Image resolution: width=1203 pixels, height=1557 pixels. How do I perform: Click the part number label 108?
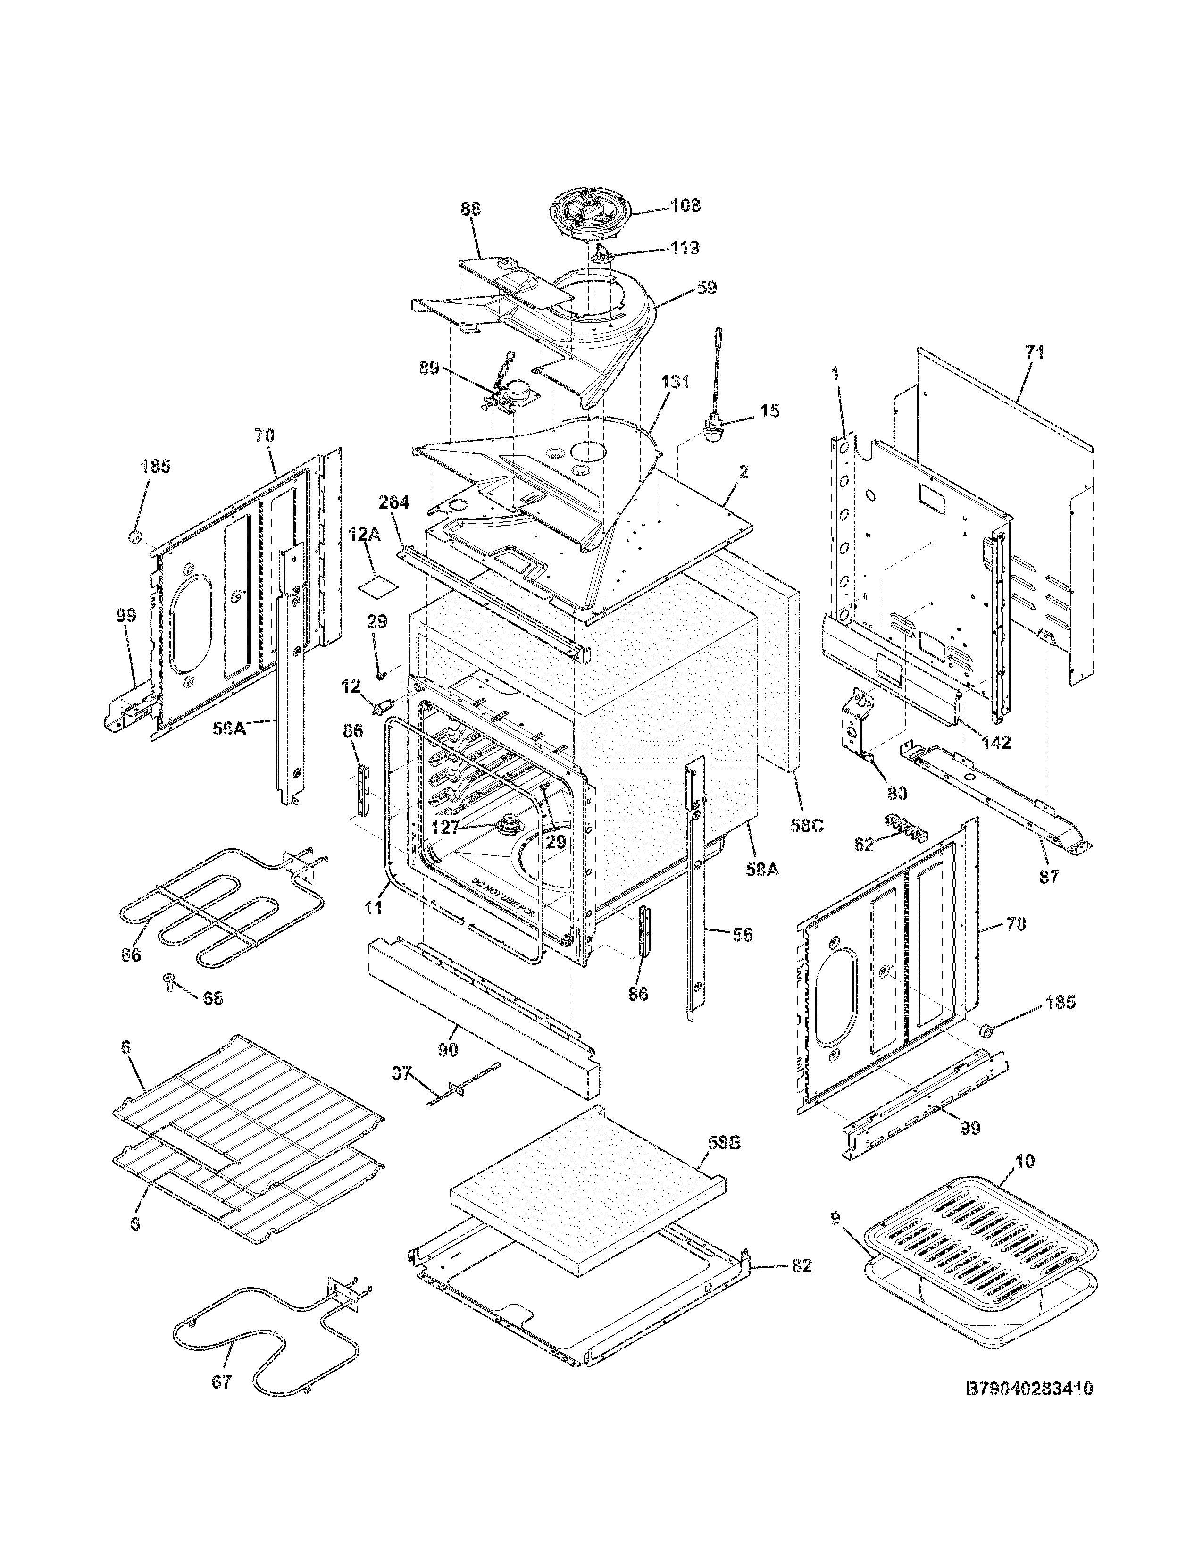685,205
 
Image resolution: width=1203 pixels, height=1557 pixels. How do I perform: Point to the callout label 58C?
807,826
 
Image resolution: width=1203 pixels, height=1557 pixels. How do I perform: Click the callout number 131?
675,382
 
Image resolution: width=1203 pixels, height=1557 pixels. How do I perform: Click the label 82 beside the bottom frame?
802,1265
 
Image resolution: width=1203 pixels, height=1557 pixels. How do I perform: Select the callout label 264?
393,502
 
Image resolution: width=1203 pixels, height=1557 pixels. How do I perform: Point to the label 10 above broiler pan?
1024,1161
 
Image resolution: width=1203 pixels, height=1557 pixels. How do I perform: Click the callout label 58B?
725,1142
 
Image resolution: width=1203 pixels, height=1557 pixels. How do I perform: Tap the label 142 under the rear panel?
995,742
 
